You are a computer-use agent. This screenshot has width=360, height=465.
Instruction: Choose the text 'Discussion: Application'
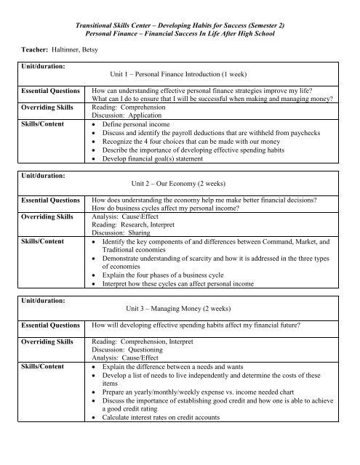[x=124, y=115]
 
